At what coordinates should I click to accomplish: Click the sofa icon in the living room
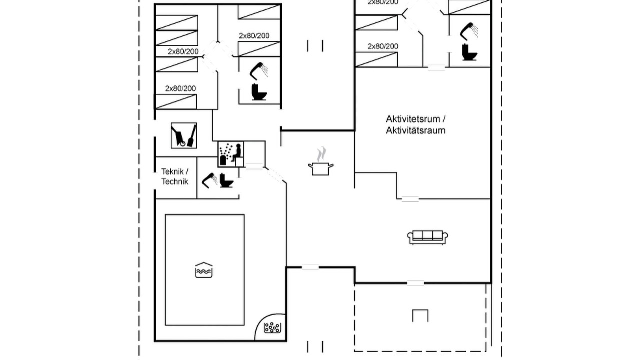(427, 237)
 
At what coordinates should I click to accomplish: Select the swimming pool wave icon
(203, 270)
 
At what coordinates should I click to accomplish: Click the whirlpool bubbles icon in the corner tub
(272, 328)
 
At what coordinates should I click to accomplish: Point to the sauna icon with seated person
(231, 154)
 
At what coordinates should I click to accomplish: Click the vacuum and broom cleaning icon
(184, 135)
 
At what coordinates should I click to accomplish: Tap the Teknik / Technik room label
(175, 177)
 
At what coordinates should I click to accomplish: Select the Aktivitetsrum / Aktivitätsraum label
(415, 125)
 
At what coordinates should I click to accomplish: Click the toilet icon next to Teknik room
(227, 180)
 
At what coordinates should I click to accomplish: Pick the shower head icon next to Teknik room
(209, 180)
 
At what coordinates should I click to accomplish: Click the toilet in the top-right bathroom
(469, 52)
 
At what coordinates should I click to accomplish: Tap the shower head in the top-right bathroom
(469, 31)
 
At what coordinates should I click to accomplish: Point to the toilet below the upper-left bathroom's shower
(259, 92)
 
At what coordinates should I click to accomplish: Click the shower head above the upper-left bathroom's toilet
(259, 71)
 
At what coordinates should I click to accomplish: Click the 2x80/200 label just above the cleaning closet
(180, 88)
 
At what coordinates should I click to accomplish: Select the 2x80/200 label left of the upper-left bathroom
(183, 51)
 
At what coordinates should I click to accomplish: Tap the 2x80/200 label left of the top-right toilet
(383, 46)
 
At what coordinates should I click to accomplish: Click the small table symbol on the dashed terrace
(420, 316)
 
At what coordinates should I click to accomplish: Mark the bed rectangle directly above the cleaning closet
(176, 101)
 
